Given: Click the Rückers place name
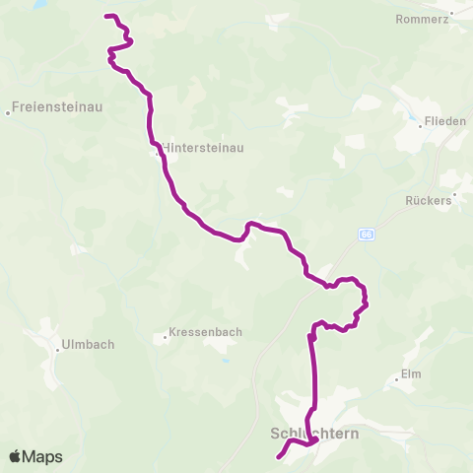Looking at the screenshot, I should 428,200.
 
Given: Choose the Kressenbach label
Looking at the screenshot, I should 205,333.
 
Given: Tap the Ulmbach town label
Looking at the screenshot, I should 88,345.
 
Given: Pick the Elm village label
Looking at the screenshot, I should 411,374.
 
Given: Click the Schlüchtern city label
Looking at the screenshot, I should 313,432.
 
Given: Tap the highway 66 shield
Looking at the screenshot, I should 367,234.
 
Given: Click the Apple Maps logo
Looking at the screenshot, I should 34,457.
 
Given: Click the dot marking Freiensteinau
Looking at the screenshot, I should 8,112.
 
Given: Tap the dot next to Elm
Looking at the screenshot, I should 394,375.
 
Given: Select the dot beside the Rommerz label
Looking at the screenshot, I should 451,19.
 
